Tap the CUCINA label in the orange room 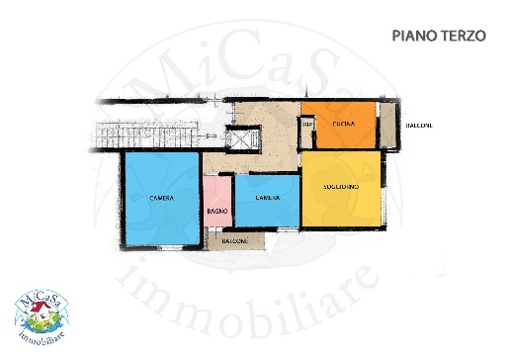pyautogui.click(x=344, y=123)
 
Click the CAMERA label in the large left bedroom pyautogui.click(x=162, y=198)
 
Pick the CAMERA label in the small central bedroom pyautogui.click(x=267, y=198)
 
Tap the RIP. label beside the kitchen pyautogui.click(x=307, y=124)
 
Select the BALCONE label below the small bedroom pyautogui.click(x=234, y=241)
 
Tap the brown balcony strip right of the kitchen pyautogui.click(x=389, y=125)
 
